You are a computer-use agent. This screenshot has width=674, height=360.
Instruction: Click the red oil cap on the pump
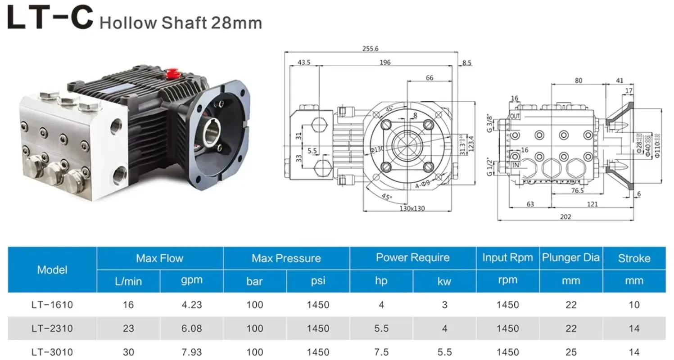pos(172,72)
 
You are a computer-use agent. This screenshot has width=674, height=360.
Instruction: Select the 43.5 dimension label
pos(304,63)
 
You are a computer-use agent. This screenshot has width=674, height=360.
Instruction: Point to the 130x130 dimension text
pos(412,208)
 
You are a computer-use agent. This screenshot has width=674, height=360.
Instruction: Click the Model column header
pos(52,270)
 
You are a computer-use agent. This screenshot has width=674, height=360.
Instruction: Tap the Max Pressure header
pos(286,258)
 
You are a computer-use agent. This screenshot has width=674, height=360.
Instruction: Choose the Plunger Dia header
pos(571,258)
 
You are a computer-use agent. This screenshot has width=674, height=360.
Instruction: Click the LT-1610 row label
pos(52,305)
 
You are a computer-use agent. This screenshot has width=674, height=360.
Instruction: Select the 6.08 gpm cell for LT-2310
pos(191,328)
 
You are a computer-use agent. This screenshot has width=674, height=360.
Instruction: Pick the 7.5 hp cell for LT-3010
pos(381,352)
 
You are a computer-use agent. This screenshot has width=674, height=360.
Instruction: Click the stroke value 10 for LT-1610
pos(634,305)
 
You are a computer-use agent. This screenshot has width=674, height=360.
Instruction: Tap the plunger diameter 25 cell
pos(571,352)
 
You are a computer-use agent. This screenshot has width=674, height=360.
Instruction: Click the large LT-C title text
pos(50,18)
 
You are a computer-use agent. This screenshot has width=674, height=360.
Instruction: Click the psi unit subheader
pos(318,281)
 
